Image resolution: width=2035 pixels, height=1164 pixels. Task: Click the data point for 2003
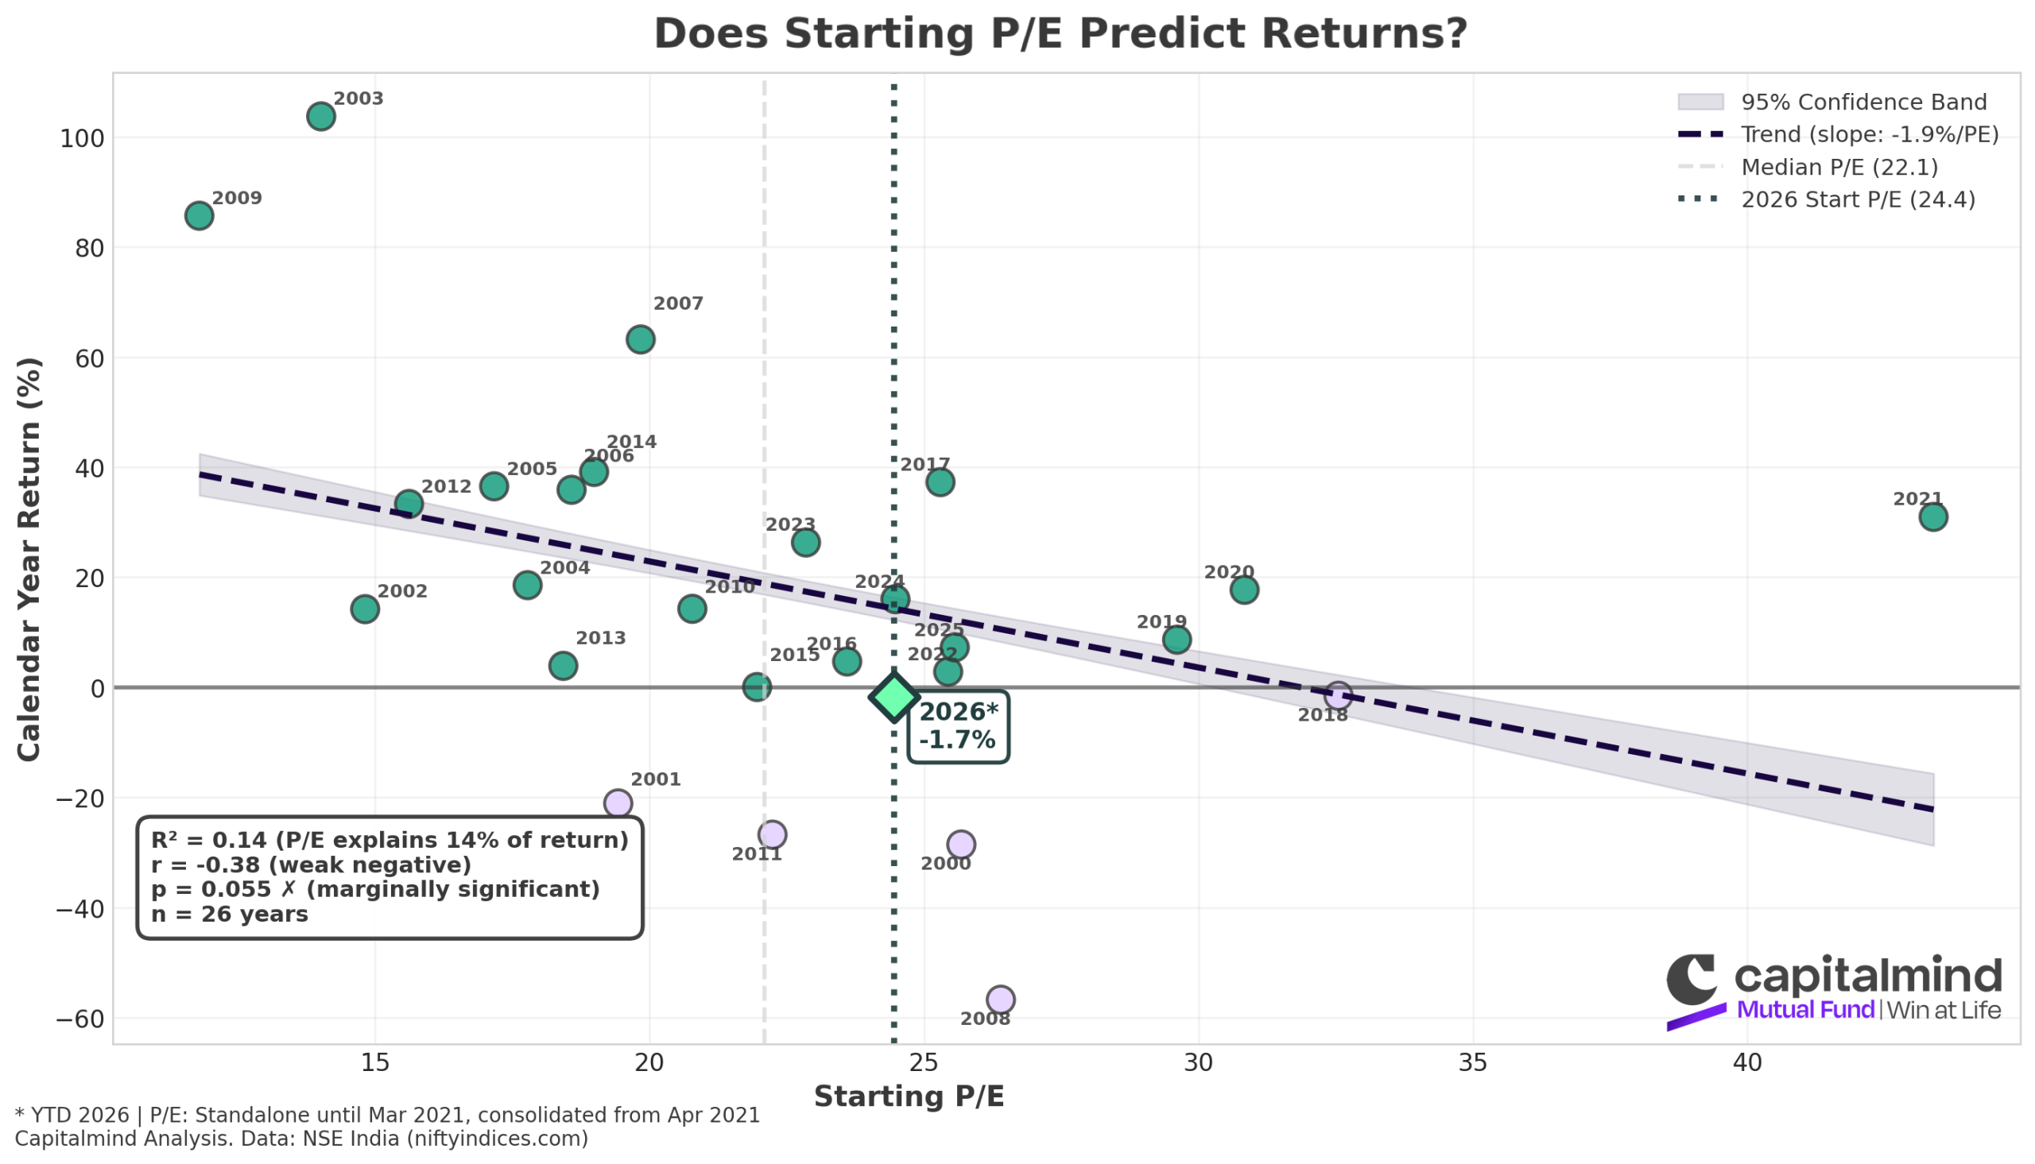pyautogui.click(x=320, y=117)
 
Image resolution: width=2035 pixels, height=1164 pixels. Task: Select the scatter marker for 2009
pyautogui.click(x=199, y=216)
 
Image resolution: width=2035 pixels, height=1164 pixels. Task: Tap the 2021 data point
pyautogui.click(x=1932, y=517)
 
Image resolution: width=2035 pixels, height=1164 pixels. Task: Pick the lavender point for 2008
pyautogui.click(x=1000, y=1000)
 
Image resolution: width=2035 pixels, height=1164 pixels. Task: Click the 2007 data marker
pyautogui.click(x=641, y=340)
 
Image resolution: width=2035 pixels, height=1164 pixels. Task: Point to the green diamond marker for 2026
pyautogui.click(x=893, y=697)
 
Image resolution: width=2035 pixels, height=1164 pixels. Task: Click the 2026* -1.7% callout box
pyautogui.click(x=958, y=726)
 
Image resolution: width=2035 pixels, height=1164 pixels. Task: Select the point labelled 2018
pyautogui.click(x=1337, y=695)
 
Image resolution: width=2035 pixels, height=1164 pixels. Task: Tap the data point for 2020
pyautogui.click(x=1244, y=590)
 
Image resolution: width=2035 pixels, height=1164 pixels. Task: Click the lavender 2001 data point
pyautogui.click(x=618, y=803)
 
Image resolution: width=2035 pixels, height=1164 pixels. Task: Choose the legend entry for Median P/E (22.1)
pyautogui.click(x=1839, y=167)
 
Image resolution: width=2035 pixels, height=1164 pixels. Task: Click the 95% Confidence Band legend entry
pyautogui.click(x=1863, y=102)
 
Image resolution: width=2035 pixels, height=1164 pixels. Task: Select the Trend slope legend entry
pyautogui.click(x=1870, y=134)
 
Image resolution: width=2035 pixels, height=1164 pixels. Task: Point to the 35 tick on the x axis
pyautogui.click(x=1473, y=1063)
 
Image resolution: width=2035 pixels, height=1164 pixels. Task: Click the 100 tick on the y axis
pyautogui.click(x=83, y=139)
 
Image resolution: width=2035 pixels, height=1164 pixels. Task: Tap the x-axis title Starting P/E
pyautogui.click(x=909, y=1096)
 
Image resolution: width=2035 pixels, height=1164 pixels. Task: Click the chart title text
pyautogui.click(x=1060, y=34)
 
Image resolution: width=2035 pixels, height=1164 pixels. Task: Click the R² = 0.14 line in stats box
pyautogui.click(x=390, y=840)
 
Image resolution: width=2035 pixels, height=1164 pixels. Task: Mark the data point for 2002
pyautogui.click(x=365, y=609)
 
